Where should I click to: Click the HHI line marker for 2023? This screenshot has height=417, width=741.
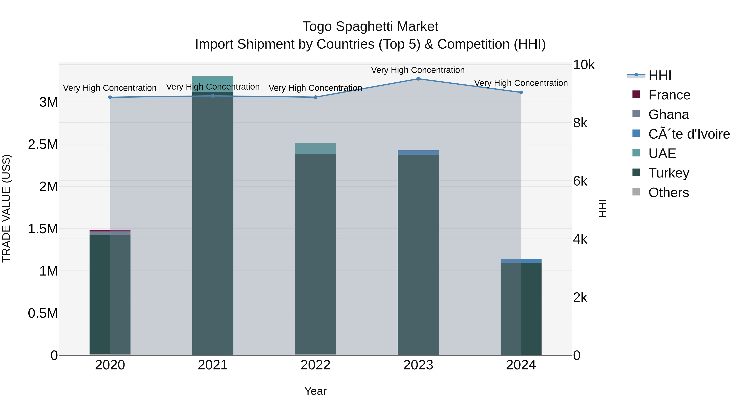point(418,79)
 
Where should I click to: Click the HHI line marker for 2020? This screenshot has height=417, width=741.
point(110,97)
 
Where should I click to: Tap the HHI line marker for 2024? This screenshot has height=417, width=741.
point(521,92)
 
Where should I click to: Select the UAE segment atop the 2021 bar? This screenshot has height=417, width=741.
point(213,83)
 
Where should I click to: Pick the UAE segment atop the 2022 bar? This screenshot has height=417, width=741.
point(315,148)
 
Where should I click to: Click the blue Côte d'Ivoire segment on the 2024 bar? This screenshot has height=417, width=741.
point(521,261)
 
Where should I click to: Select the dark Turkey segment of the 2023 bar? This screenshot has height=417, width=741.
point(418,253)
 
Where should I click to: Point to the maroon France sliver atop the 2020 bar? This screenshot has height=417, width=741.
point(110,230)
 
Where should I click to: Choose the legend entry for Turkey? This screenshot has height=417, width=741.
point(669,173)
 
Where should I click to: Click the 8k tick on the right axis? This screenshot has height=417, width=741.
point(580,123)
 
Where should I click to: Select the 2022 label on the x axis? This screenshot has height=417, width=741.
point(315,365)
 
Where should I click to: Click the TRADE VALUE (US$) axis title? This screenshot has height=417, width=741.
point(6,208)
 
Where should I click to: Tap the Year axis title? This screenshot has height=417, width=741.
point(315,391)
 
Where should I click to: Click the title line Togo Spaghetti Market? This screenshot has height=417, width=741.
point(370,27)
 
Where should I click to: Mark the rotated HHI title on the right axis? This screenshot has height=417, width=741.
point(602,208)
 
